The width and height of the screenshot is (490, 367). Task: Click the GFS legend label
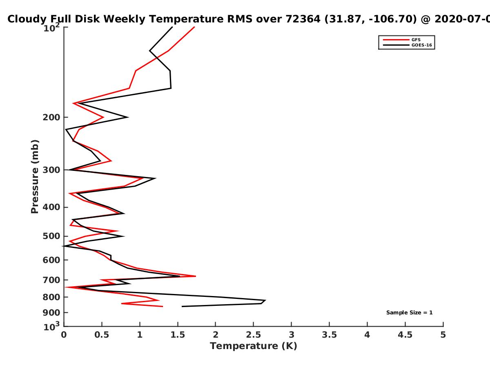[416, 40]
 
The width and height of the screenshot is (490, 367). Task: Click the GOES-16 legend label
[422, 45]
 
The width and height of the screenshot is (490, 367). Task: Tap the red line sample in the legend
[396, 40]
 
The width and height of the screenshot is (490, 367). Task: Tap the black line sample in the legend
[396, 45]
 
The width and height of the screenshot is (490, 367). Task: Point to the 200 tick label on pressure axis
[51, 117]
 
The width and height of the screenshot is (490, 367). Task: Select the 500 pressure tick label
[51, 236]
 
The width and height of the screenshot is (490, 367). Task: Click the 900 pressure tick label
[51, 313]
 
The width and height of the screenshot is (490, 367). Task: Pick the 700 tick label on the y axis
[51, 280]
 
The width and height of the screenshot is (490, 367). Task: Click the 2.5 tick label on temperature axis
[254, 335]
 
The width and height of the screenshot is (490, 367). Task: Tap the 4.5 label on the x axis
[405, 335]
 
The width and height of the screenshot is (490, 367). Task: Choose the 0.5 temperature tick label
[102, 335]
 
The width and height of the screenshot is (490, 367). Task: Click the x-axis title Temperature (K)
[254, 346]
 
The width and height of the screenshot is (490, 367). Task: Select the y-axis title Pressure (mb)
[35, 177]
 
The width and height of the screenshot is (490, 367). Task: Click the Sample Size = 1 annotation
[410, 313]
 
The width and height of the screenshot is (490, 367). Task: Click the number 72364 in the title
[303, 19]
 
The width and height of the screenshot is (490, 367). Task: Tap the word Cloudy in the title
[27, 20]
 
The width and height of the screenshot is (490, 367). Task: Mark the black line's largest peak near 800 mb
[265, 301]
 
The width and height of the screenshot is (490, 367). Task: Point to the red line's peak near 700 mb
[196, 276]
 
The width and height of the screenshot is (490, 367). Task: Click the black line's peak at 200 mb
[128, 117]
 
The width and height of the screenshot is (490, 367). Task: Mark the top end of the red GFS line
[194, 27]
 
